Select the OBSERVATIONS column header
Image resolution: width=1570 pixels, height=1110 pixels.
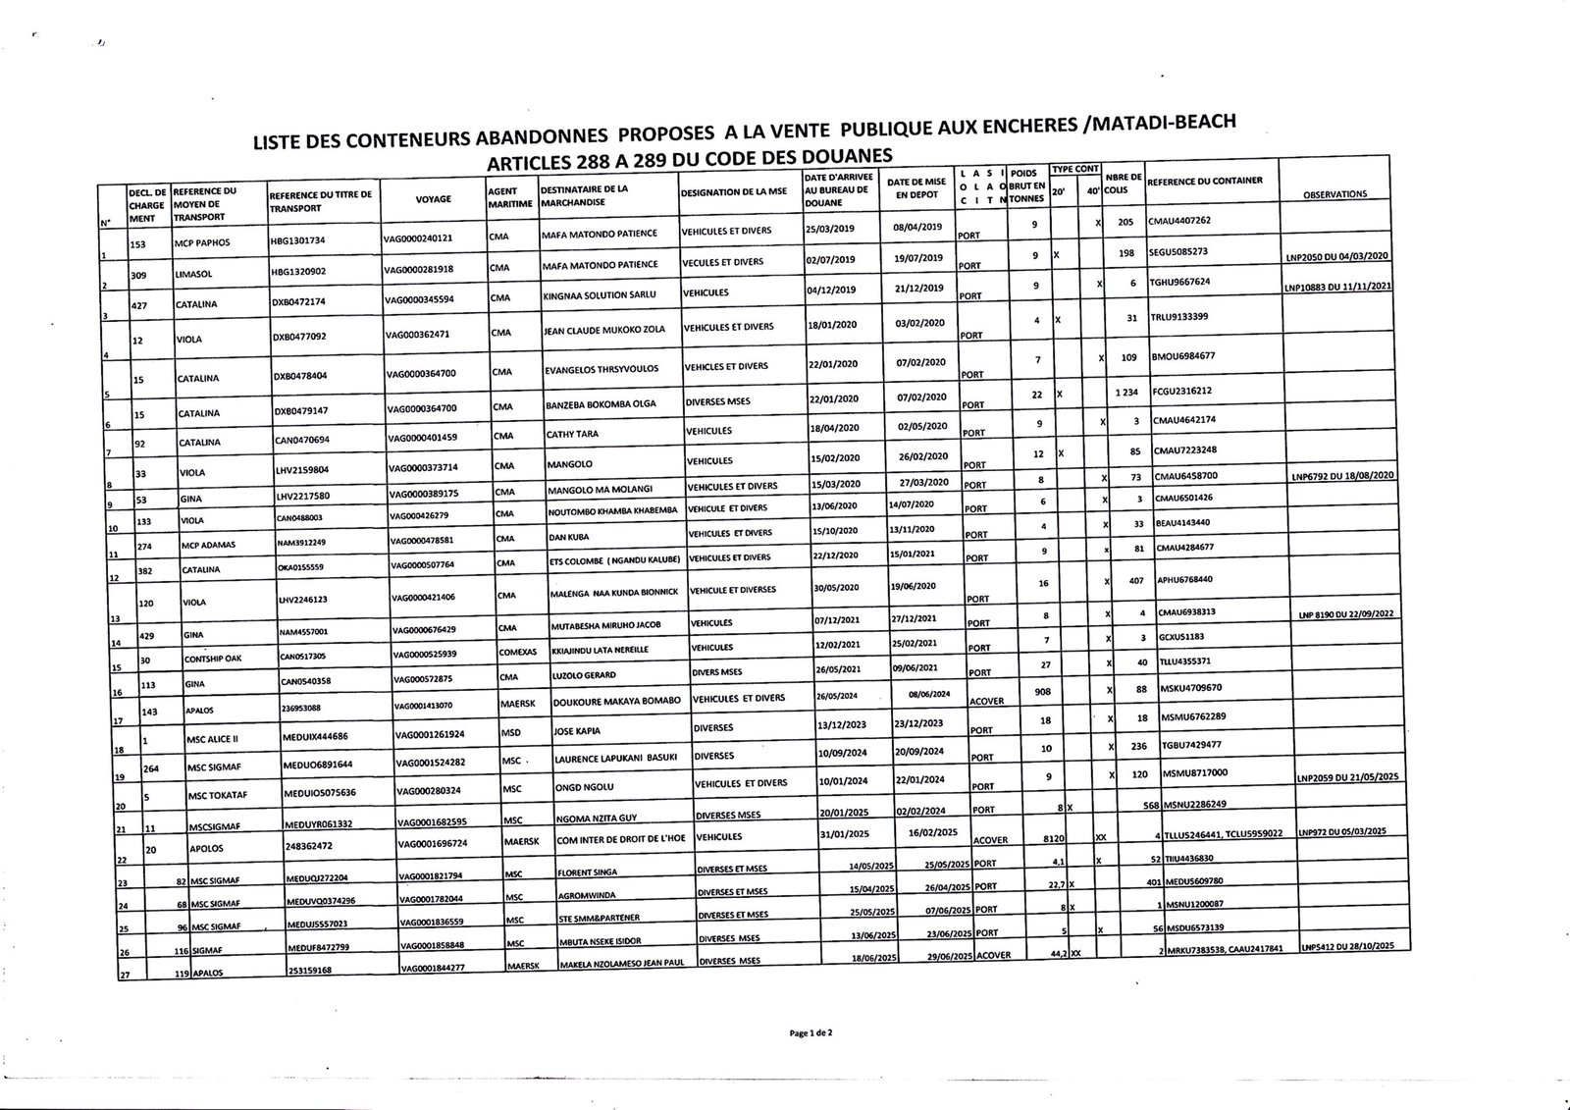click(x=1334, y=194)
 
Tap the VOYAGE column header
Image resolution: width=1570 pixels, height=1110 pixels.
click(x=433, y=198)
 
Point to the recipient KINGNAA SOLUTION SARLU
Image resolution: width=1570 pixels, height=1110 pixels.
click(x=598, y=293)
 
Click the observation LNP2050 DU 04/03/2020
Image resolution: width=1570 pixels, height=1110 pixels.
click(x=1337, y=256)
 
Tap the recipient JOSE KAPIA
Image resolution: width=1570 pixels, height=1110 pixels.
click(x=576, y=731)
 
